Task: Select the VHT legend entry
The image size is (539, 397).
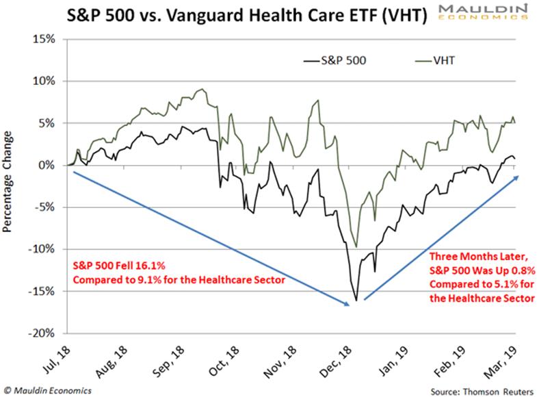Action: (x=433, y=60)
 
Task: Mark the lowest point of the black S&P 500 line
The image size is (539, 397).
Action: (x=356, y=300)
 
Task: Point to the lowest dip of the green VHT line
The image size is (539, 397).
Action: (x=356, y=246)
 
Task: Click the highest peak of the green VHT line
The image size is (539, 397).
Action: (x=201, y=89)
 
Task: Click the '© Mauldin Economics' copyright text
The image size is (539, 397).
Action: (x=47, y=390)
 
